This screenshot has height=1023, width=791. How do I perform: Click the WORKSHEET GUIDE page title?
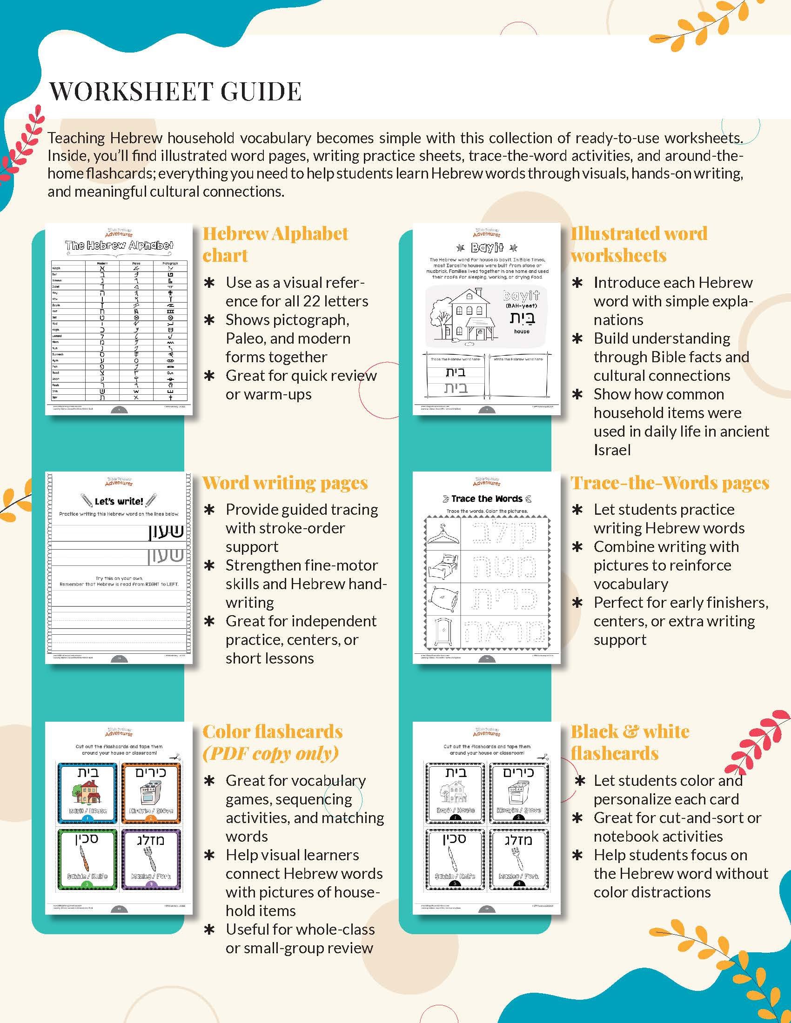point(175,91)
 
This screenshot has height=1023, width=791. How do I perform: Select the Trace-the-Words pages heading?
point(669,483)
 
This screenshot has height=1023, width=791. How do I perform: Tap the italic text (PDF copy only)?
point(270,753)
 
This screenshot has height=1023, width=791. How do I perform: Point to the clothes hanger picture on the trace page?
point(442,533)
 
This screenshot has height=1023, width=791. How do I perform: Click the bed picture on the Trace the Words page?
point(442,566)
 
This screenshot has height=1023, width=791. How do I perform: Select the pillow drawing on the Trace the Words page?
point(442,599)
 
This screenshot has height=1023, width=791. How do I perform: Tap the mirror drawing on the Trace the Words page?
point(442,632)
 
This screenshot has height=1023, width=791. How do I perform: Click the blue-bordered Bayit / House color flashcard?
point(87,792)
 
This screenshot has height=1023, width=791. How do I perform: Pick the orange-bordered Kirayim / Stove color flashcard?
point(151,792)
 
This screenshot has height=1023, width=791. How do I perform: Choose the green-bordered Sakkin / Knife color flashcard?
point(87,858)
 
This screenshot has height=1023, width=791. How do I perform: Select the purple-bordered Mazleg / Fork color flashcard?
point(151,858)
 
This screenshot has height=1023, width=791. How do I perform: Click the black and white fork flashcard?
point(519,858)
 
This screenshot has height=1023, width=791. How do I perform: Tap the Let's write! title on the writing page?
point(119,501)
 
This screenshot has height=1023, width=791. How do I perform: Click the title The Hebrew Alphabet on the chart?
point(119,246)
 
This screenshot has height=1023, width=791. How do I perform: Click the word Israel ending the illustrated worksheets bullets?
point(611,450)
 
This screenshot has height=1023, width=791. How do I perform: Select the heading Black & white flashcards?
point(630,742)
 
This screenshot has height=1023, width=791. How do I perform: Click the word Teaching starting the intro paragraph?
point(76,138)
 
